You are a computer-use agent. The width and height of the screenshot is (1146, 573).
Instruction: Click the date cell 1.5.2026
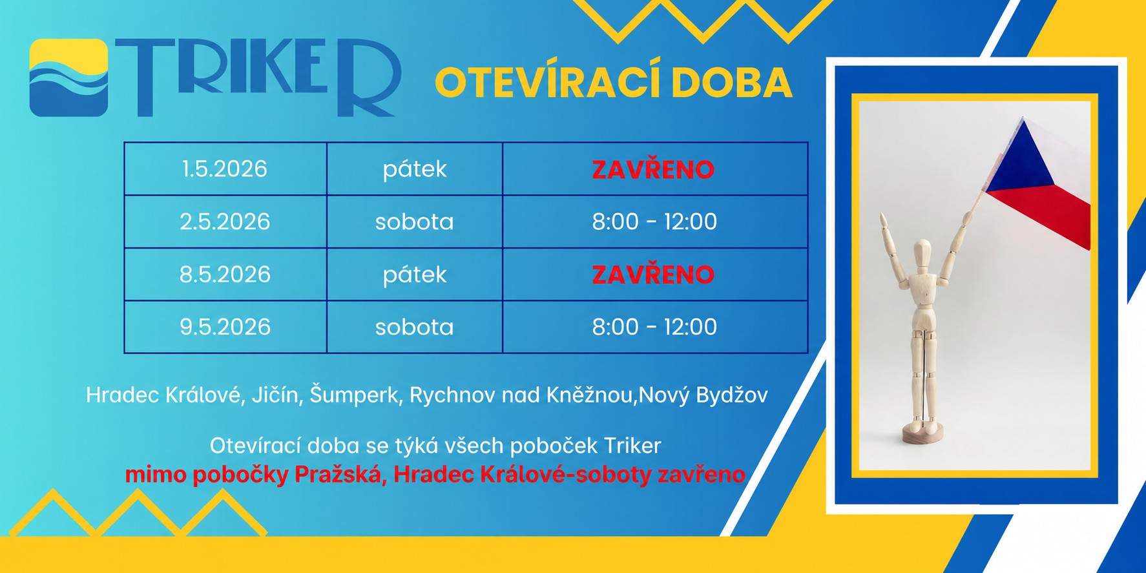coord(224,169)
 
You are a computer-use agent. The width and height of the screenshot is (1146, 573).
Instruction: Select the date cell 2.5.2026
coord(224,222)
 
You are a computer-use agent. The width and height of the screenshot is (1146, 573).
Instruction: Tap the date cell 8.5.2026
coord(224,275)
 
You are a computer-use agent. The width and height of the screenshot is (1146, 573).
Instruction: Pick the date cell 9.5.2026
coord(224,327)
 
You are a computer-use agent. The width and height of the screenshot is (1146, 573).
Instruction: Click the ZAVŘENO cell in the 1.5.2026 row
coord(653,169)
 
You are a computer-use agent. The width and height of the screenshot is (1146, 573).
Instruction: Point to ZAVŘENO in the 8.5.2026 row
coord(653,275)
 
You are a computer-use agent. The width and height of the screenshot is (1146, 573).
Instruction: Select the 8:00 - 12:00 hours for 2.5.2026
coord(654,222)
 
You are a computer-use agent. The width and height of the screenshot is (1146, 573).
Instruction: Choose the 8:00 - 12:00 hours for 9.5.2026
coord(654,327)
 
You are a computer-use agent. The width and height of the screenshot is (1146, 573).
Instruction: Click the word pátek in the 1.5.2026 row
coord(414,169)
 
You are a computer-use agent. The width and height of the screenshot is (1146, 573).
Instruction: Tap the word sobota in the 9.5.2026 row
coord(414,327)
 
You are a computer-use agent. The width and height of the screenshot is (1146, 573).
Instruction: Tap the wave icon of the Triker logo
coord(68,78)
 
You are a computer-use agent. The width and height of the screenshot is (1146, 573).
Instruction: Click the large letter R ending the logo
coord(365,78)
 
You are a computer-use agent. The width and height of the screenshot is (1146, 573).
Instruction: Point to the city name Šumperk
coord(354,395)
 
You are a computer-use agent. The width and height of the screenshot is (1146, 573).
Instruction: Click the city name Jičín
coord(277,395)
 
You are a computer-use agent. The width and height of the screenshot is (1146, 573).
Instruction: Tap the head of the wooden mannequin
coord(922,251)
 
